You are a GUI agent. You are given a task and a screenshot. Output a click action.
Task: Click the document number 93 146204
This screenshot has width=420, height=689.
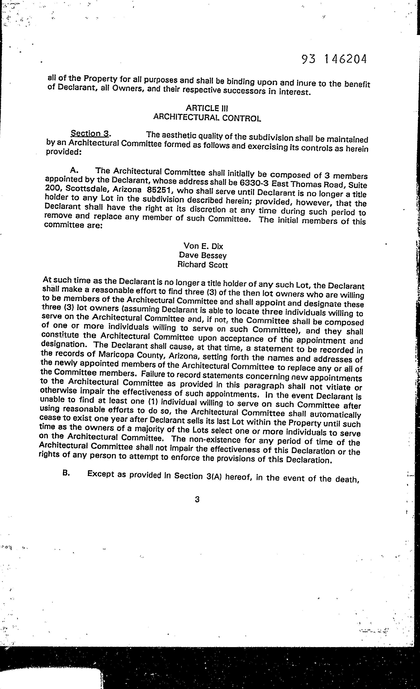[334, 59]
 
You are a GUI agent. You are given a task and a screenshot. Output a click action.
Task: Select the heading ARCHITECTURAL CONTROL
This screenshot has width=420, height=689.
[207, 118]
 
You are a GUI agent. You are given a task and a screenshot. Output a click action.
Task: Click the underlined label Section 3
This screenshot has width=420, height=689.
[90, 133]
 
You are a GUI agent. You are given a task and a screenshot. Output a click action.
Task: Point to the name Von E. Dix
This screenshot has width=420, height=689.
[203, 246]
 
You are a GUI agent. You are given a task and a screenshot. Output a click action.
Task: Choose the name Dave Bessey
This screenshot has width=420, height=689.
[203, 255]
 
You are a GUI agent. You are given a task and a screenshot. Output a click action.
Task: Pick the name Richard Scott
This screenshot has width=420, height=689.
[202, 265]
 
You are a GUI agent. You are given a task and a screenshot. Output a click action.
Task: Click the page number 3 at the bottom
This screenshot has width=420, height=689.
[197, 499]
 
